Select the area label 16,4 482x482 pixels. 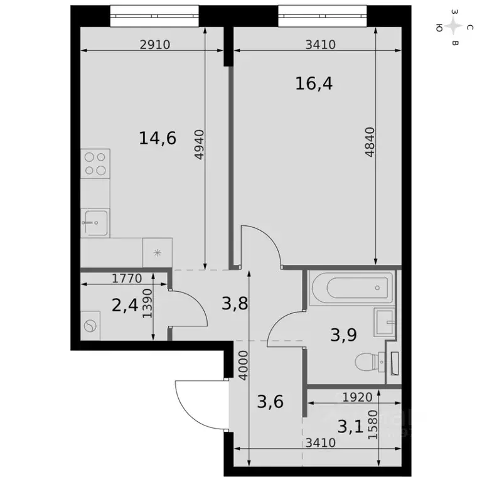click(x=313, y=83)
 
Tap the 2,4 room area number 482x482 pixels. click(x=124, y=306)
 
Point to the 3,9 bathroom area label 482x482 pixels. click(x=343, y=334)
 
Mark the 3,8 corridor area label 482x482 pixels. click(x=235, y=304)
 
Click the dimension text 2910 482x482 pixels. click(x=154, y=45)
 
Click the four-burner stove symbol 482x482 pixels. click(x=95, y=163)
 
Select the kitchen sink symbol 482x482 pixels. click(x=95, y=223)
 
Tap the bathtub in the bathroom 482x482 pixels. click(x=351, y=289)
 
